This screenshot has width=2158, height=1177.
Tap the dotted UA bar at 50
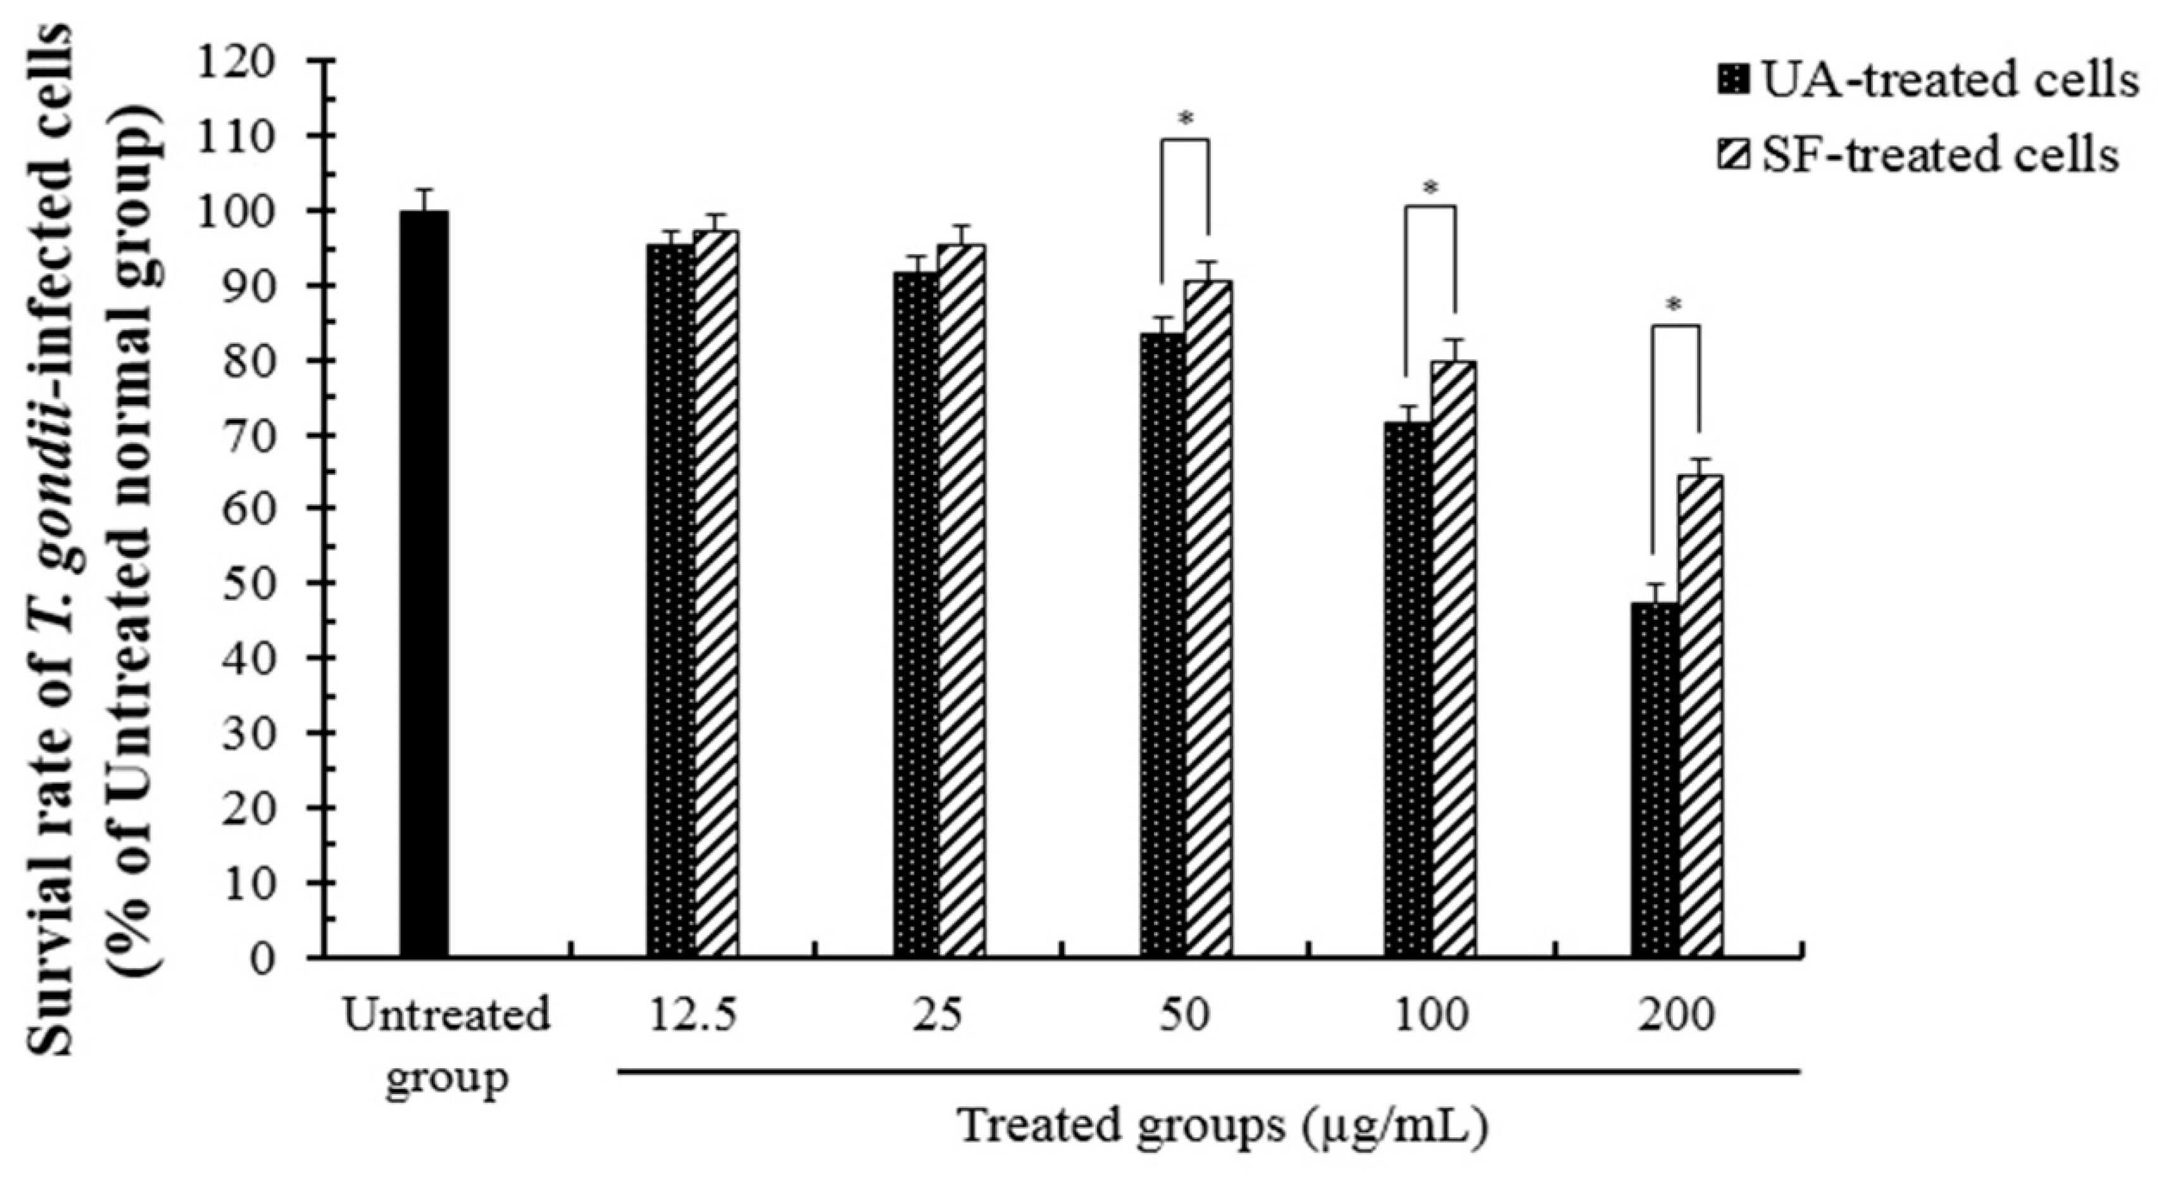[x=1163, y=644]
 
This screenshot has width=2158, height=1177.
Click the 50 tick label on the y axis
[x=251, y=584]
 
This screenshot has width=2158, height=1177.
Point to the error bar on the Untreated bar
[x=424, y=199]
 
